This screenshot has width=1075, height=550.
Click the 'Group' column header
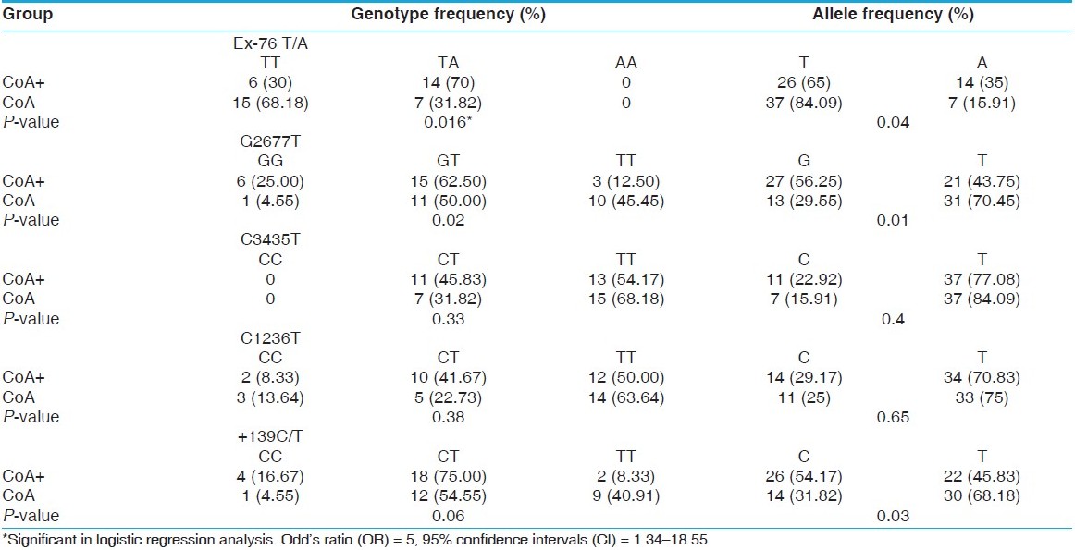point(29,15)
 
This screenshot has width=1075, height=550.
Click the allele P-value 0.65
point(895,416)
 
